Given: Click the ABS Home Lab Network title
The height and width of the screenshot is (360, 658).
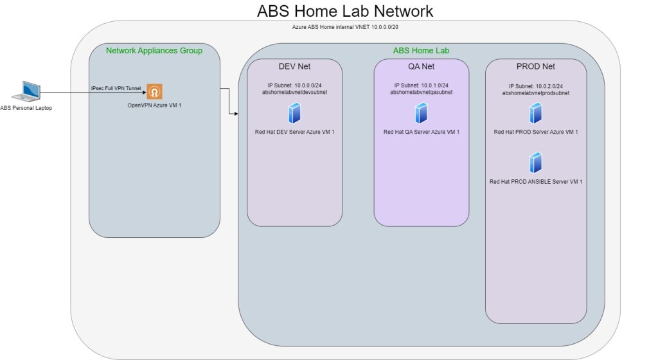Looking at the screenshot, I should click(x=344, y=12).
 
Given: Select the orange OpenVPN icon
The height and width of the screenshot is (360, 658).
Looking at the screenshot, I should click(x=154, y=91).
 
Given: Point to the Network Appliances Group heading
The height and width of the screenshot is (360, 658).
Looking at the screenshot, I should click(x=154, y=51).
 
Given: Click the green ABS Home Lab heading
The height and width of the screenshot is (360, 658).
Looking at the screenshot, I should click(x=421, y=51).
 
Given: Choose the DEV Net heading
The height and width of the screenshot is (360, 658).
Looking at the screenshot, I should click(x=294, y=66).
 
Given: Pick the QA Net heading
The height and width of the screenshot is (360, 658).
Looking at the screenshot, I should click(x=421, y=66).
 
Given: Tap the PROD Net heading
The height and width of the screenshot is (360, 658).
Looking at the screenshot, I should click(x=535, y=66).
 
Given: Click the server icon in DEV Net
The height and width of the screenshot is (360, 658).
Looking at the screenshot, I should click(x=295, y=114).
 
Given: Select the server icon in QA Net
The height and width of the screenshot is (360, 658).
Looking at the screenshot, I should click(x=421, y=114).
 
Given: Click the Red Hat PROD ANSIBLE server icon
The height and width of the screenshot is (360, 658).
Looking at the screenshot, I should click(x=535, y=163).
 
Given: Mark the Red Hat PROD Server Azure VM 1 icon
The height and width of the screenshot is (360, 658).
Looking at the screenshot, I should click(x=535, y=114).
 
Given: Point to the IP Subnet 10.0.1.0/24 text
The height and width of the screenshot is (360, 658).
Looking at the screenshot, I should click(x=421, y=85).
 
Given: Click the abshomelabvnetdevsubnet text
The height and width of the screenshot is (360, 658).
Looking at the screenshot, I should click(x=295, y=92).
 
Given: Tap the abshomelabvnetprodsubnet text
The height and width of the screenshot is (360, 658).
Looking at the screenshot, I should click(x=535, y=93).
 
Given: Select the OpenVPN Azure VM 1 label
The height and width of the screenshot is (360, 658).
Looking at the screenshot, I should click(x=154, y=105).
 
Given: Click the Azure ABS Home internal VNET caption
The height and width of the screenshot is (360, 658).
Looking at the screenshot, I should click(x=347, y=28).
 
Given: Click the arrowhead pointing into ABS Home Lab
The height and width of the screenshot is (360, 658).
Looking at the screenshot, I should click(x=236, y=114).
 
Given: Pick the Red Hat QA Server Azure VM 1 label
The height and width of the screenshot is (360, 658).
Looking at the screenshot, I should click(x=421, y=132).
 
